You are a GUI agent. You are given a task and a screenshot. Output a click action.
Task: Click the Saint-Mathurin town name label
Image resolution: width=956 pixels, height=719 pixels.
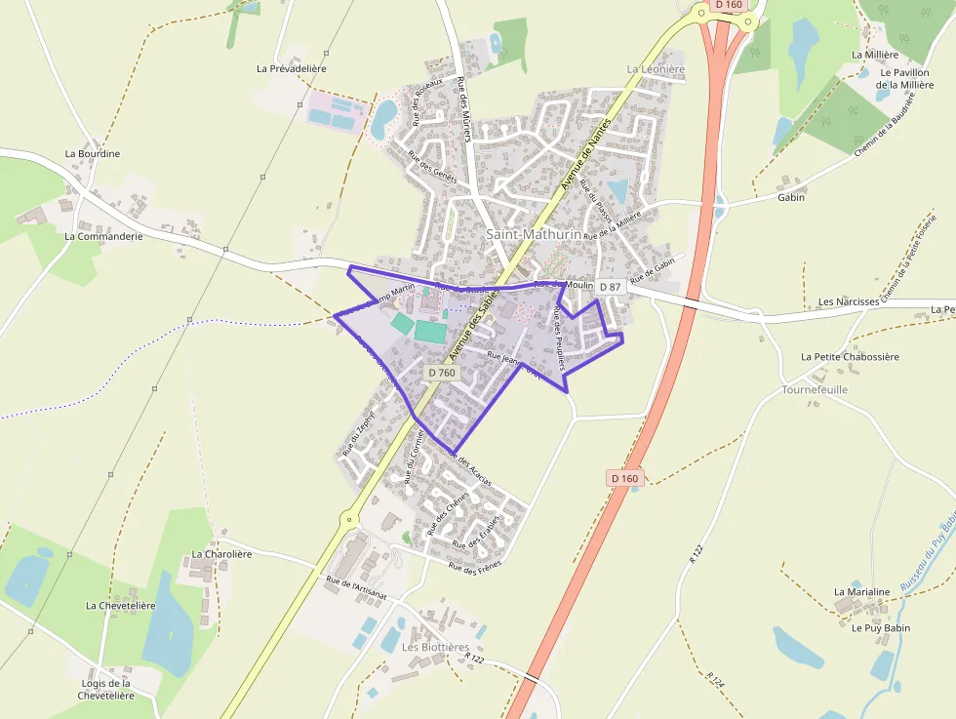point(534,234)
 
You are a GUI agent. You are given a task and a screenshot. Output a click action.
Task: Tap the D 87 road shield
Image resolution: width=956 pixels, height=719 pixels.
point(611,287)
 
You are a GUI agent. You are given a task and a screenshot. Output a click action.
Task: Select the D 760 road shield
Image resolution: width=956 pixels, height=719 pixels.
point(441,373)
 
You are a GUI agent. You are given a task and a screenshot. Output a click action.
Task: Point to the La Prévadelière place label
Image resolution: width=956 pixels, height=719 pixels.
point(291,69)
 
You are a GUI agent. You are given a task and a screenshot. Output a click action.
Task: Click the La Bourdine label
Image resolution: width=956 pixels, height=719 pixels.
point(93,154)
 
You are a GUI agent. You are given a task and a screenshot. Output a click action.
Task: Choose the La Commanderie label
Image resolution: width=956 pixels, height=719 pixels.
point(103,236)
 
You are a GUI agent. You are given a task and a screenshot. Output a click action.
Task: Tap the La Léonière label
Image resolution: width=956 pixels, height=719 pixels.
point(656,69)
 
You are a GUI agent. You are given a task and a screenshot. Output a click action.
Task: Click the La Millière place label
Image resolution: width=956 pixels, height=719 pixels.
point(874,56)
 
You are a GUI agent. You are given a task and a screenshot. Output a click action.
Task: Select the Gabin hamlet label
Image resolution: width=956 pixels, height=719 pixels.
point(791,197)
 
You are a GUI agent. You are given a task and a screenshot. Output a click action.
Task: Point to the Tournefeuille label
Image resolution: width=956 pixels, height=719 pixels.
point(815,389)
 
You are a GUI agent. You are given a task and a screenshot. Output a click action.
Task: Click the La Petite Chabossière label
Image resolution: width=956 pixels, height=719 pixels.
point(850,357)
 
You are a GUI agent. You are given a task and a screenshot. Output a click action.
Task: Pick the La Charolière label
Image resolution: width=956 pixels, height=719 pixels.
point(221,554)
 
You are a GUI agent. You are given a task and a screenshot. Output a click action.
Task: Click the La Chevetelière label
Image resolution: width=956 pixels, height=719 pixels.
point(120,606)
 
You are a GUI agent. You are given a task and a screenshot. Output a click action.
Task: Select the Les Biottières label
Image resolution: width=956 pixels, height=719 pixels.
point(435,647)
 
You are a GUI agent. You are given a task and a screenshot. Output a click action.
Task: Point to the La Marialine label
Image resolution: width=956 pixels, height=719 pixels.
point(861,592)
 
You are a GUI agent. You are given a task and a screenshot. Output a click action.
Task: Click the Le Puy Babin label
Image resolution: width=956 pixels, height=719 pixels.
point(880,628)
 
